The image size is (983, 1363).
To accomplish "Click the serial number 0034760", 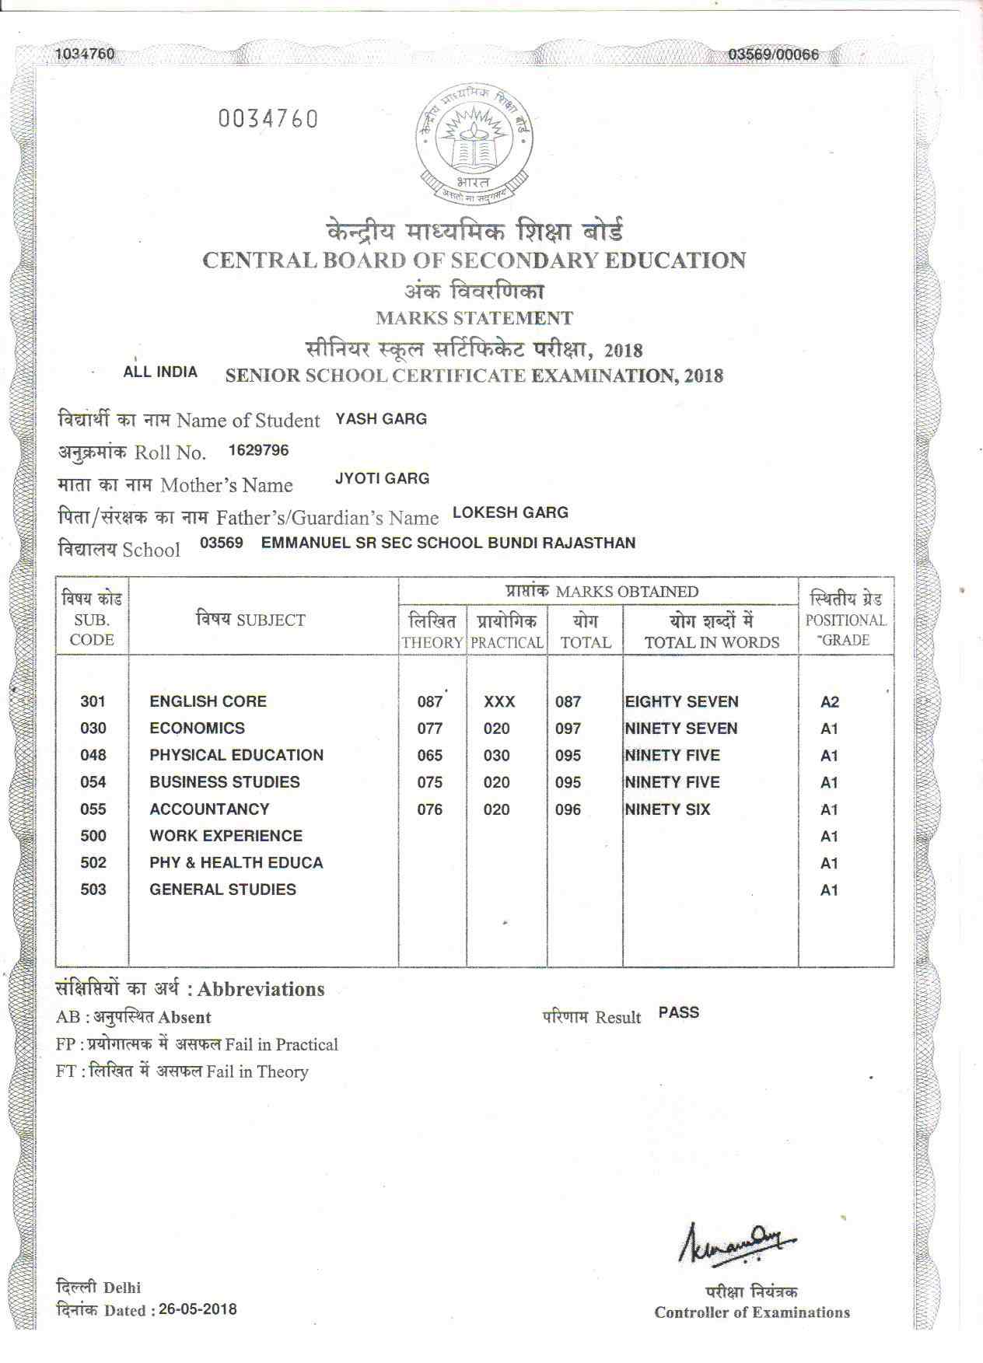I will pos(268,120).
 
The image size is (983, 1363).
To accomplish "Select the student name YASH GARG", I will pos(381,419).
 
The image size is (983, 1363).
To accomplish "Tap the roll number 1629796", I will pos(258,450).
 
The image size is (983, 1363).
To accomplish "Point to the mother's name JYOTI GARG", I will pos(382,478).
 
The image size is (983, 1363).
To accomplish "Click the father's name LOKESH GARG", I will pos(510,512).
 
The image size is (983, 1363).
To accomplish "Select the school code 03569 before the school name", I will pos(222,543).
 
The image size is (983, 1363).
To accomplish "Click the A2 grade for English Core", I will pos(830,702).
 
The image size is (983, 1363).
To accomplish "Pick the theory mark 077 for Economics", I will pos(429,729).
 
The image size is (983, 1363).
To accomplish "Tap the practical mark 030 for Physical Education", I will pos(496,756).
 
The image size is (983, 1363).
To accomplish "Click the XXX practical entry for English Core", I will pos(498,702).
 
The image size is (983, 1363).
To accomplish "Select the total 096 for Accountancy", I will pos(568,809).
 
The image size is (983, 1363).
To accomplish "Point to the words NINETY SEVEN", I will pos(681,729).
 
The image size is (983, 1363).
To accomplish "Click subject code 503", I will pos(93,889).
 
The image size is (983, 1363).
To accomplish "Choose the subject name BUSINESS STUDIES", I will pos(225,782).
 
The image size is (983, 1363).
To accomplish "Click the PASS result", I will pos(678,1012).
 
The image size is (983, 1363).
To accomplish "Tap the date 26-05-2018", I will pos(198,1309).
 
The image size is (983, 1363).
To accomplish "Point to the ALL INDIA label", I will pos(160,372).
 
